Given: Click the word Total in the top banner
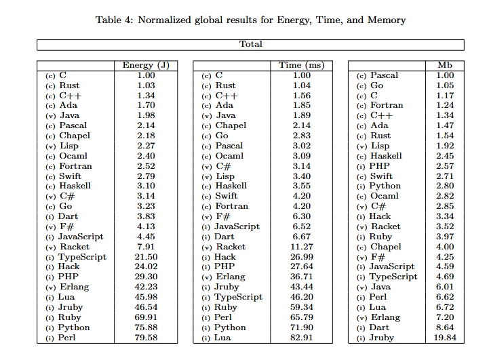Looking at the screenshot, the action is [x=251, y=44].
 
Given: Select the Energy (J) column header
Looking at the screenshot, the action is [x=146, y=65].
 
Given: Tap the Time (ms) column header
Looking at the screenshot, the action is [x=302, y=65].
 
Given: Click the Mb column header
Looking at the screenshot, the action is [x=445, y=65].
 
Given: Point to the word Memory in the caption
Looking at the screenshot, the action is [x=387, y=20].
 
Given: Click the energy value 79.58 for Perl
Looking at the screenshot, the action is [x=146, y=338].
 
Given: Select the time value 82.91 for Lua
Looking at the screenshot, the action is [x=301, y=338].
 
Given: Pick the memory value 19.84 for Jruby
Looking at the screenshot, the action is [x=445, y=338].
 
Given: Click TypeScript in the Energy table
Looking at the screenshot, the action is [x=82, y=257].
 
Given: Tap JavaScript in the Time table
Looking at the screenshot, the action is [x=237, y=226].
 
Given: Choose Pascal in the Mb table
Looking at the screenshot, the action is [x=384, y=75].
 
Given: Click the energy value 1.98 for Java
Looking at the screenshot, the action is [x=146, y=115].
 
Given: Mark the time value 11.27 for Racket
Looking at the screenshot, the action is [x=301, y=247].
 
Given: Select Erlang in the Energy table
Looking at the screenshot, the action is [x=74, y=287].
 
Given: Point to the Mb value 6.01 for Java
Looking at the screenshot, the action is [x=445, y=287].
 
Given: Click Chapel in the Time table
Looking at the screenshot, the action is [x=231, y=125].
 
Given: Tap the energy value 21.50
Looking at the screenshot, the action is [x=146, y=257].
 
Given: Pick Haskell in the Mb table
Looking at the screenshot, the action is [x=386, y=156].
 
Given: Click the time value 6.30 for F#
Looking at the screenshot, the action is [x=301, y=216].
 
